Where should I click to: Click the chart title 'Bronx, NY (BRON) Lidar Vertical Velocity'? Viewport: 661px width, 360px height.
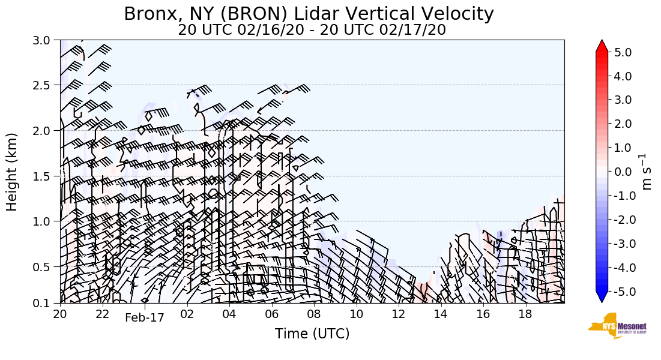tap(309, 14)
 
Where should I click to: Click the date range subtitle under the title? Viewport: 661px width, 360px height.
tap(312, 30)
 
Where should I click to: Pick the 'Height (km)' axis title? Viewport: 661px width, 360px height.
tap(13, 172)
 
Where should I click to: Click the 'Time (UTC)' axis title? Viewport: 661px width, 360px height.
tap(312, 334)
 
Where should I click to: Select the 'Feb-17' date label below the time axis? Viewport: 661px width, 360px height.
tap(144, 318)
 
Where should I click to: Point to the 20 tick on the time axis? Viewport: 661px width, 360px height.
tap(60, 314)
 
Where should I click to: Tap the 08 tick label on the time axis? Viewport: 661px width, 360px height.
tap(314, 314)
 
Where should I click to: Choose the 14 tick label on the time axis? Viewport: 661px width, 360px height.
tap(441, 314)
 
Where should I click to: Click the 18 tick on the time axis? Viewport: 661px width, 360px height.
tap(525, 314)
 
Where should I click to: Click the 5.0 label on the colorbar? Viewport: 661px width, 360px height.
tap(623, 53)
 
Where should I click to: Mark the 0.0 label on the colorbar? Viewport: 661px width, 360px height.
tap(623, 172)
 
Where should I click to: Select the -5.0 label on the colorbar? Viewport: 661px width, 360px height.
tap(621, 292)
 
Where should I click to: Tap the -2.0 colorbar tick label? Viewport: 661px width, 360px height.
tap(621, 220)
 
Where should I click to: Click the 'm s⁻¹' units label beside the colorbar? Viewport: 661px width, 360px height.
tap(647, 172)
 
